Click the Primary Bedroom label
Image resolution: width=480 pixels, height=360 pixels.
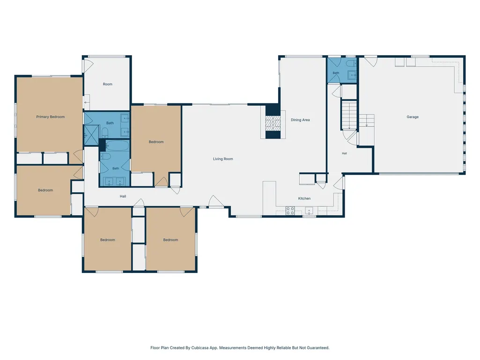pos(51,117)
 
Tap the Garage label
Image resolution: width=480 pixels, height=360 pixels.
pos(413,117)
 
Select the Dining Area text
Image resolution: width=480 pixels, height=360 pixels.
pos(300,120)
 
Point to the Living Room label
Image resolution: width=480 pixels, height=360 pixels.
pos(223,159)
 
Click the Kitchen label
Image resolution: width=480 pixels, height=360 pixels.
pos(304,198)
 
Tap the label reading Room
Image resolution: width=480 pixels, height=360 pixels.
pos(107,84)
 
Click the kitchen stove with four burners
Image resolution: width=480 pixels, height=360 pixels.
pos(290,211)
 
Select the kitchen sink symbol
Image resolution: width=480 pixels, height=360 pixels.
pos(309,211)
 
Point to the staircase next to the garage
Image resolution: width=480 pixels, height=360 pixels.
pos(349,115)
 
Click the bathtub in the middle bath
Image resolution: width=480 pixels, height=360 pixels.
pos(117,146)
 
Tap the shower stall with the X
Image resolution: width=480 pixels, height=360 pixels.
pos(91,135)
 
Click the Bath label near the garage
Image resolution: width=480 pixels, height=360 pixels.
pos(336,73)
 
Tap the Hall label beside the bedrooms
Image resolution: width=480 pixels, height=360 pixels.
pos(123,196)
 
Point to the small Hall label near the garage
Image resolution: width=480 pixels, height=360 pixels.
pos(344,154)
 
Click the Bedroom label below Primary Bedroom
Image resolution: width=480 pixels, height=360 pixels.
pos(45,190)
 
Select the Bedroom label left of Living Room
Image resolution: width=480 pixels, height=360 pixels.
pos(156,142)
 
